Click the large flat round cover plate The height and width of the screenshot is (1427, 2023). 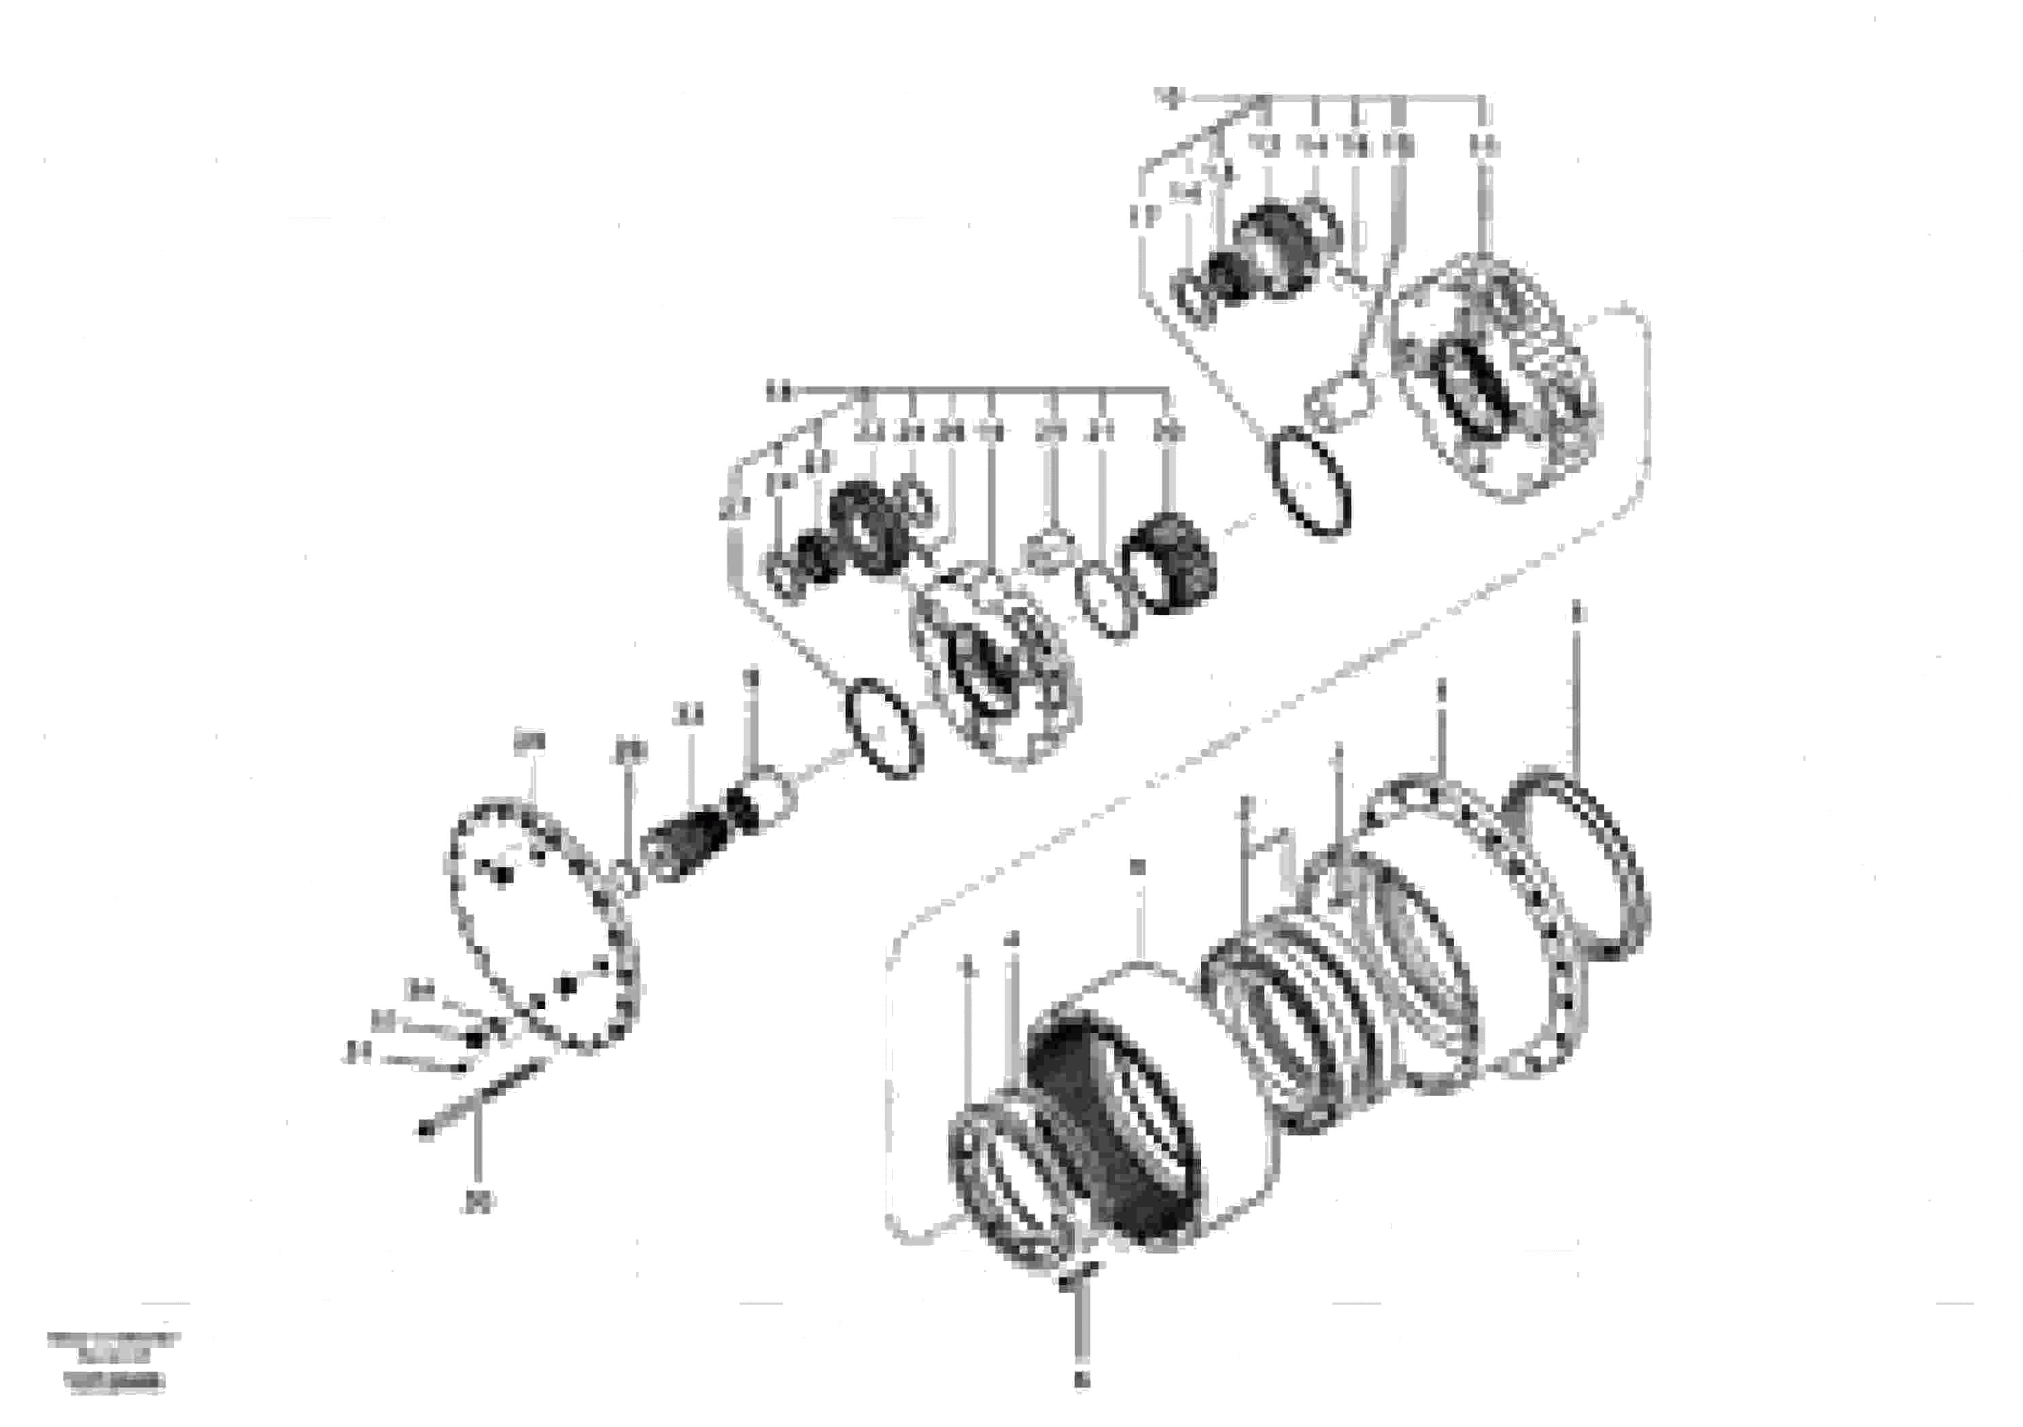pos(542,925)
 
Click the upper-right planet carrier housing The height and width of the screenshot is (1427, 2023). pos(1498,378)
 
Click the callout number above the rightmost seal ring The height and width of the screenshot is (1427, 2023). pos(1577,613)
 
